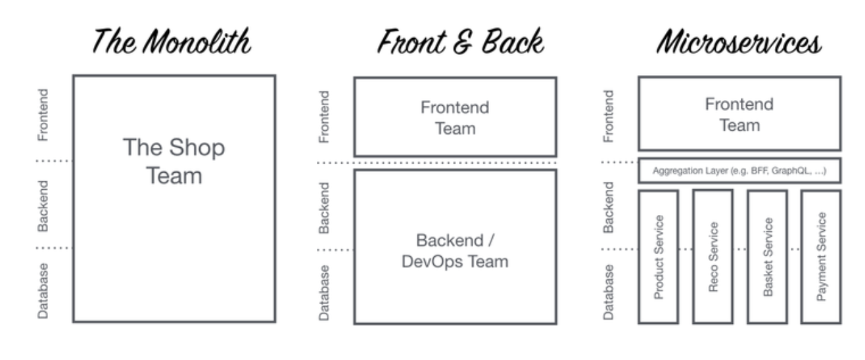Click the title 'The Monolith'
point(172,43)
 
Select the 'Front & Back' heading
point(460,43)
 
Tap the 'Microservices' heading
point(739,43)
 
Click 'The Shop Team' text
point(174,162)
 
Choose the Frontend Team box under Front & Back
point(455,117)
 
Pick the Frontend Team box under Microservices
point(739,114)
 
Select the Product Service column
point(659,257)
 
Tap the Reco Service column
point(713,257)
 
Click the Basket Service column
point(767,257)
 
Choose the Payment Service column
point(821,257)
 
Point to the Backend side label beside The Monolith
point(43,204)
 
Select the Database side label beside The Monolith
point(43,290)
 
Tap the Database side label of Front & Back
point(325,292)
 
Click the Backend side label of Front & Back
point(325,208)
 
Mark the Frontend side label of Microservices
point(609,115)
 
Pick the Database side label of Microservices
point(609,291)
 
